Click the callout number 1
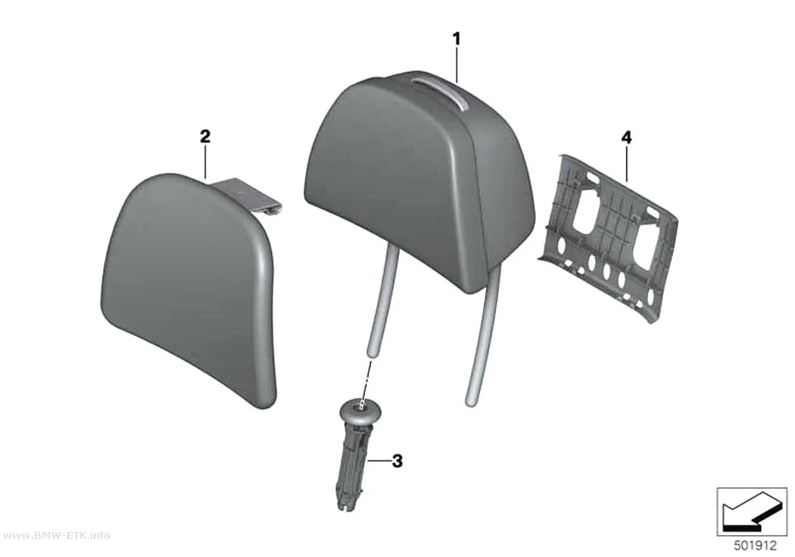(x=457, y=39)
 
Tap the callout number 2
(x=205, y=136)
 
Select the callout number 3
(x=397, y=461)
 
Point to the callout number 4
(x=627, y=137)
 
